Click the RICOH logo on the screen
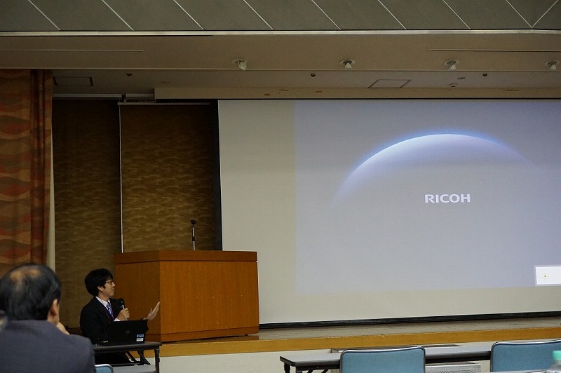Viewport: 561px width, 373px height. [x=447, y=198]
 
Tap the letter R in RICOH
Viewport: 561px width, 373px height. [x=428, y=198]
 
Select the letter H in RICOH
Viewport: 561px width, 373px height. [x=466, y=198]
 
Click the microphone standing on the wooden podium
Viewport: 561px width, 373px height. [x=194, y=234]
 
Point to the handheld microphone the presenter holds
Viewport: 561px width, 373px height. [x=122, y=304]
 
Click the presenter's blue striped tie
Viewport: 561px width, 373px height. [x=109, y=310]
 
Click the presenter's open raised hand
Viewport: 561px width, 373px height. [x=153, y=311]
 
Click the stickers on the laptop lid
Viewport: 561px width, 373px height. [x=140, y=337]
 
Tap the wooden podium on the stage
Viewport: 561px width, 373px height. [x=187, y=295]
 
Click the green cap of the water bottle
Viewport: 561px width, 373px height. [x=556, y=354]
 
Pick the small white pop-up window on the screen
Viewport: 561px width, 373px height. [x=548, y=276]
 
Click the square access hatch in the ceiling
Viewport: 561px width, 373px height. [x=389, y=83]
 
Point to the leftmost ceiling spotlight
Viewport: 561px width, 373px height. [x=241, y=64]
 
